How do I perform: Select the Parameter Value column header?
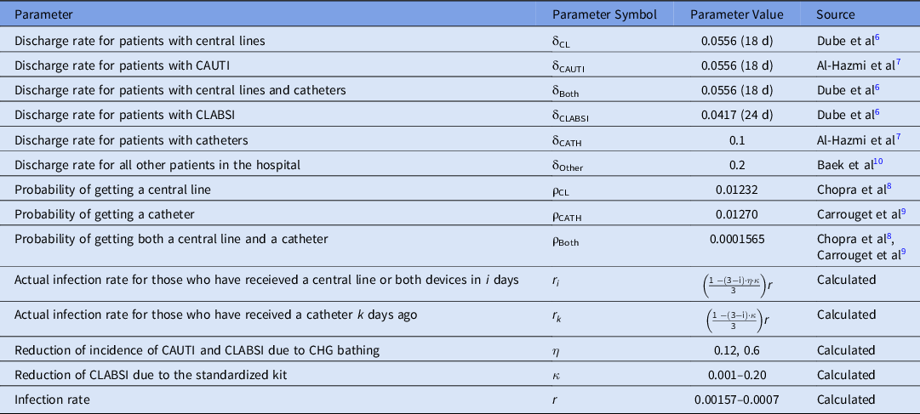[x=737, y=14]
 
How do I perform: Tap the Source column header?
[x=836, y=14]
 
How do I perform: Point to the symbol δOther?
[x=570, y=164]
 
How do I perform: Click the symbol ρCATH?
[x=570, y=214]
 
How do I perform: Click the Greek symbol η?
[x=556, y=350]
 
